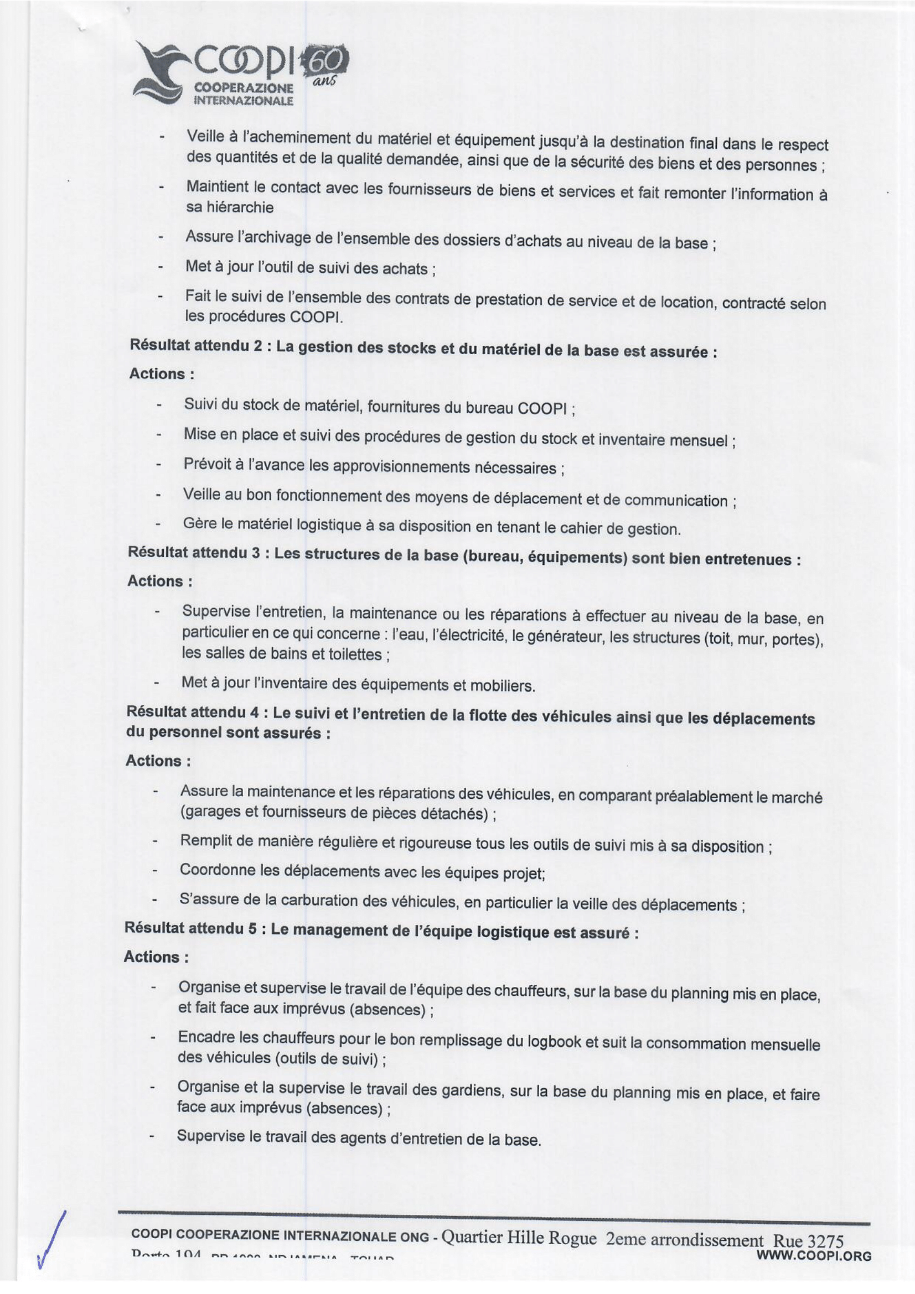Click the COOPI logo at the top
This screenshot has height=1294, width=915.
214,76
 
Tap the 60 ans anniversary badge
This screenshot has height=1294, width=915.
327,63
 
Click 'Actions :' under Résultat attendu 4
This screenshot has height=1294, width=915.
158,761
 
